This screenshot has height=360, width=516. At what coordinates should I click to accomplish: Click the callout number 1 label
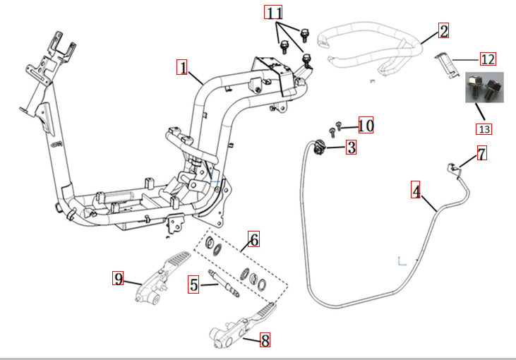click(182, 68)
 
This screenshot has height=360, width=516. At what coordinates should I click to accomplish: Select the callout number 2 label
click(443, 30)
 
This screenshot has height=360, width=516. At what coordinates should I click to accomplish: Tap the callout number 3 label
click(351, 147)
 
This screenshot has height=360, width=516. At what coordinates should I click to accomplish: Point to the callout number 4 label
click(416, 191)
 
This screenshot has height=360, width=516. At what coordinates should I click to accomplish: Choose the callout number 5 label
click(193, 285)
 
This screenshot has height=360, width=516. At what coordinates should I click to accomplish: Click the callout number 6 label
click(253, 239)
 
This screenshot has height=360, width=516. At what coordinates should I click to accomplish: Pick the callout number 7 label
click(481, 154)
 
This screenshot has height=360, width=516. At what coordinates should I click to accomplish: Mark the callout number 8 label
click(265, 340)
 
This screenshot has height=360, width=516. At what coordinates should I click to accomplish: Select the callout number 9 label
click(119, 278)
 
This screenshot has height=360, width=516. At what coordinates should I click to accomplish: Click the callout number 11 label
click(274, 12)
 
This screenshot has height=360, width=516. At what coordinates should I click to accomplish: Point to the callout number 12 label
click(488, 59)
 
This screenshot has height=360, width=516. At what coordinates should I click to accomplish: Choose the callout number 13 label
click(484, 128)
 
